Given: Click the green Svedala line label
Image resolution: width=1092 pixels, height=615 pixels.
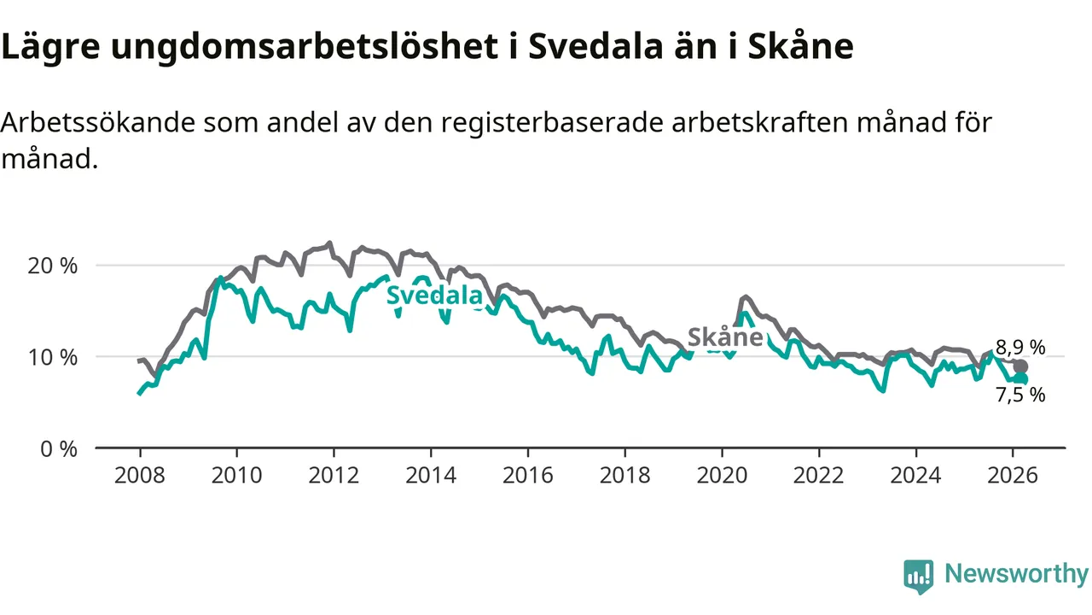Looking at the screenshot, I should [434, 296].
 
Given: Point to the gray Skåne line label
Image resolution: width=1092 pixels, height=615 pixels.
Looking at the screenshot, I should [724, 337].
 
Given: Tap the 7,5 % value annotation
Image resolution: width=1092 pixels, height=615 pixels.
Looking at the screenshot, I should [1021, 395].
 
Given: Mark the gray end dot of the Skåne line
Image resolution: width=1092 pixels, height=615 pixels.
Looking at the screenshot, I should [1020, 366].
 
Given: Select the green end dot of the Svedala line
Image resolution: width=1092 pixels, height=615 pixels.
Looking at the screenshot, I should [1020, 378].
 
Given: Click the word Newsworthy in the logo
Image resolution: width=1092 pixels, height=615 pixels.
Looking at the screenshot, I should [1016, 574].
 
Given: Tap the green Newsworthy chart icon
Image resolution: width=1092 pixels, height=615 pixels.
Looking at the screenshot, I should [919, 576].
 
